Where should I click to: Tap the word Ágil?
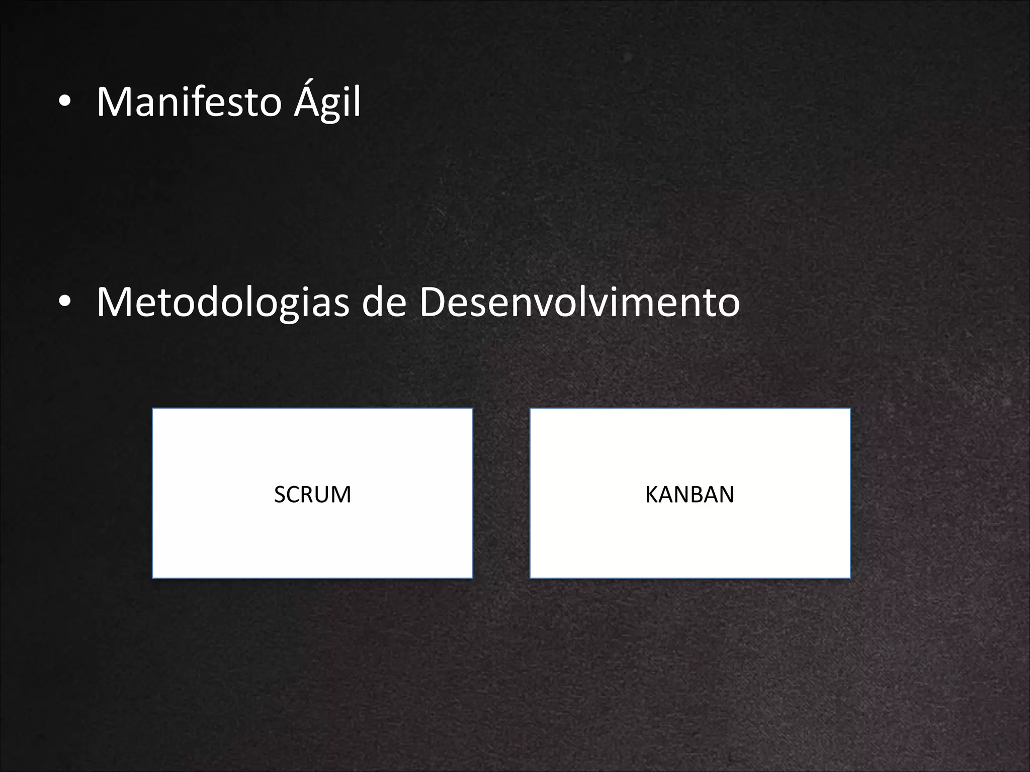(x=327, y=103)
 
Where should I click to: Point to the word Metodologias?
(x=222, y=303)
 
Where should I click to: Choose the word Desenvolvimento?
(x=579, y=303)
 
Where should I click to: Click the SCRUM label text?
(x=312, y=495)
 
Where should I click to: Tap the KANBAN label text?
(x=690, y=495)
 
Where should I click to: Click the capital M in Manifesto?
(x=111, y=103)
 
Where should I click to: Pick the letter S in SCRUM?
(x=280, y=495)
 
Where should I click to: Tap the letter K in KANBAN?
(x=652, y=495)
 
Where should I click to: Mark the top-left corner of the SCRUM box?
(x=153, y=409)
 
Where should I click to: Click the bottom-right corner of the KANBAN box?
(x=849, y=577)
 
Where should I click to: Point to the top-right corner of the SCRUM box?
(x=472, y=409)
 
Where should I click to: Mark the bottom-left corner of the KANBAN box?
(x=531, y=577)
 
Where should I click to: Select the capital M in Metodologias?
(x=111, y=303)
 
